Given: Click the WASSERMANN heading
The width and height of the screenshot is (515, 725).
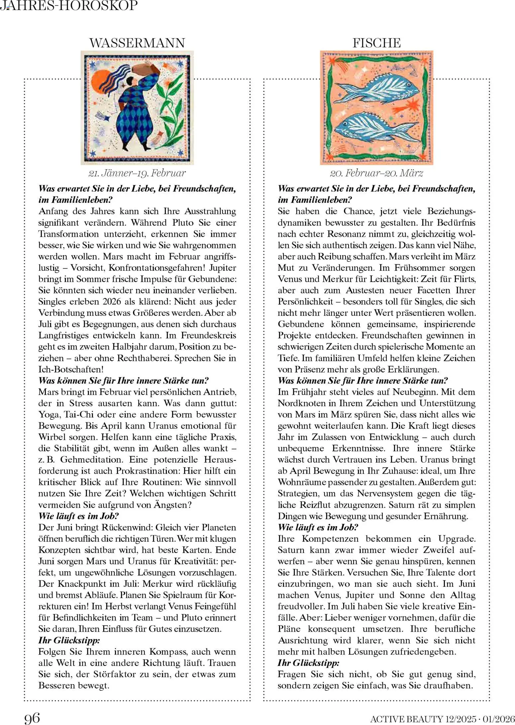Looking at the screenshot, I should point(137,43).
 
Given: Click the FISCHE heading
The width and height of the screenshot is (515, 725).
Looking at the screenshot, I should point(376,43).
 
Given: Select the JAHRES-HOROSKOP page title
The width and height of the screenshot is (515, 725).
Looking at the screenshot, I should point(69,6).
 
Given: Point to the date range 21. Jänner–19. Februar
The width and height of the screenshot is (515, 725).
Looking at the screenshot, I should point(137,173).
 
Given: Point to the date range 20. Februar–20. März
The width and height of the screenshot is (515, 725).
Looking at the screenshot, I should point(376,173).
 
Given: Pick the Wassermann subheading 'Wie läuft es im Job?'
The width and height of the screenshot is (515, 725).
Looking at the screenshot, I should point(79,516).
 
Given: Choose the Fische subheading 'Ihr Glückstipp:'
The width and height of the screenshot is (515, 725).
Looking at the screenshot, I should point(309,663).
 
